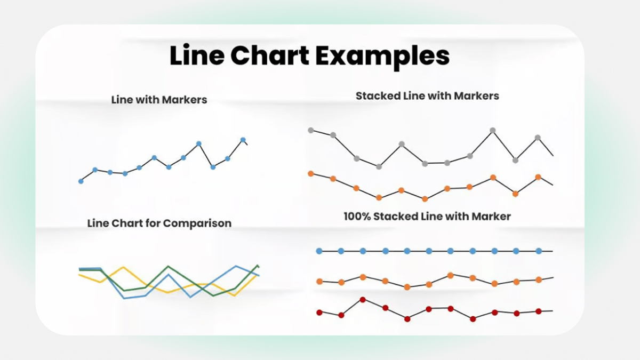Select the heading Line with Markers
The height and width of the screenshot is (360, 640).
(159, 100)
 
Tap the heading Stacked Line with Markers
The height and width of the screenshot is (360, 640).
(427, 96)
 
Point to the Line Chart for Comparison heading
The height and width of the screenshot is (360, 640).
(159, 223)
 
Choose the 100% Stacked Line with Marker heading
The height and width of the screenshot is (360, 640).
(427, 217)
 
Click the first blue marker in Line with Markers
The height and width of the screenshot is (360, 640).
(81, 181)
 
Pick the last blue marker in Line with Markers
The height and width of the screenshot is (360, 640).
(243, 140)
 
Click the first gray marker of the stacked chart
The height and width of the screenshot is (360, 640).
(311, 130)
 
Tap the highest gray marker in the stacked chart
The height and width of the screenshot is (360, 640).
(493, 130)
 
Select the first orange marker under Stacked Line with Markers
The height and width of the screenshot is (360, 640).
(311, 173)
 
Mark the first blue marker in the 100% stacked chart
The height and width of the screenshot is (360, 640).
(319, 251)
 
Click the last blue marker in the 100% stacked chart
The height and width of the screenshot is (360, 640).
(539, 251)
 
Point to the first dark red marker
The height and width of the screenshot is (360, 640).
(319, 312)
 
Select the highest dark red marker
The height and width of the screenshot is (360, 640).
(363, 299)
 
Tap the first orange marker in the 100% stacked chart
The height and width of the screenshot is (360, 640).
(319, 281)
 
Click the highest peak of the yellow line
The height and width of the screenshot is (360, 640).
(123, 267)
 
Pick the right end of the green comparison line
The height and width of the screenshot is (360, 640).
(258, 265)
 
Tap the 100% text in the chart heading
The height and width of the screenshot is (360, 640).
(356, 217)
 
